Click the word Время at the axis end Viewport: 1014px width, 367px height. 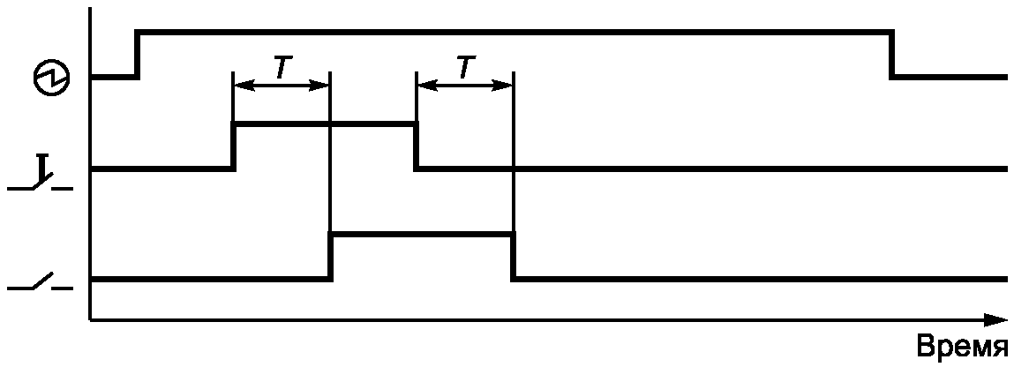point(962,347)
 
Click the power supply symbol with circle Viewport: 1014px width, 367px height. point(51,79)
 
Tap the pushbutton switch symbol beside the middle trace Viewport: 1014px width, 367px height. point(40,174)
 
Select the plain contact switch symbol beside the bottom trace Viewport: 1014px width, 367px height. point(40,282)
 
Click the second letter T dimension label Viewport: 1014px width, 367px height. point(463,66)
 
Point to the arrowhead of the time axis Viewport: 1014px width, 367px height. point(995,319)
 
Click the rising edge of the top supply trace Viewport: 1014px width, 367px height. point(138,55)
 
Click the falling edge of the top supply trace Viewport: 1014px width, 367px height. point(892,55)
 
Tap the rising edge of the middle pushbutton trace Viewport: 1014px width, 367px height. point(234,146)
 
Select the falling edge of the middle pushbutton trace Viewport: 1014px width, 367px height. point(417,146)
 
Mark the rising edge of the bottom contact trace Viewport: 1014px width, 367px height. point(330,257)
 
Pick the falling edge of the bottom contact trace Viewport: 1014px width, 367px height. point(514,257)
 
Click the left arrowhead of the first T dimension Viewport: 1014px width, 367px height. point(244,85)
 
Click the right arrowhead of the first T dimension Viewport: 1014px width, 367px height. point(319,85)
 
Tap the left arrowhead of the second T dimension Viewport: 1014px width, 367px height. point(427,85)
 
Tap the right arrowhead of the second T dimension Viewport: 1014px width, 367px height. point(502,85)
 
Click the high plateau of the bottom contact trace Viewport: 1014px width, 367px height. point(422,236)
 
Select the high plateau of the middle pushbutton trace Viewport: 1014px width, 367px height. point(325,124)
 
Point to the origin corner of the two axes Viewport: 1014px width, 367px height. point(91,319)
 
